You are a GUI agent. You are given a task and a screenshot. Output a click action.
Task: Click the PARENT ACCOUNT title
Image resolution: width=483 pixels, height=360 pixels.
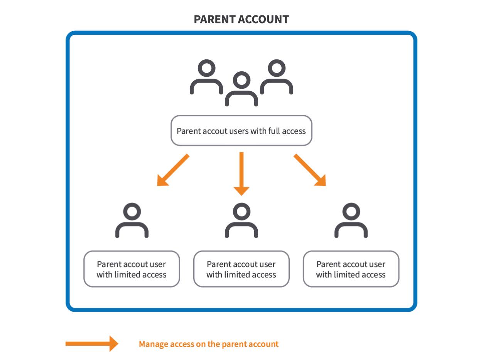pos(241,19)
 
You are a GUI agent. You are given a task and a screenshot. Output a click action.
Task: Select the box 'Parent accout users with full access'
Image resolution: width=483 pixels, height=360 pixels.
pos(241,131)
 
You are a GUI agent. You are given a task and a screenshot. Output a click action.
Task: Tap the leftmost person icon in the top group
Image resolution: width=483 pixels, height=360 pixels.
pos(206,77)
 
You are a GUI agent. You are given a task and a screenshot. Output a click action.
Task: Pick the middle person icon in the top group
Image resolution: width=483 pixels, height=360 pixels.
pos(241,89)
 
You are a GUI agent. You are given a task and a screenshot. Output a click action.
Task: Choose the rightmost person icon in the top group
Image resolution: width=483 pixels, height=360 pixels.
pos(277,77)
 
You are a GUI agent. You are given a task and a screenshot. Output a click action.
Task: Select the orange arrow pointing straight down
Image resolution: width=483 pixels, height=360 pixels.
pos(241,173)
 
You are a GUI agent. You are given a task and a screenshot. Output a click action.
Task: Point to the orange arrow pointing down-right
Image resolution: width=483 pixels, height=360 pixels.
pos(310,170)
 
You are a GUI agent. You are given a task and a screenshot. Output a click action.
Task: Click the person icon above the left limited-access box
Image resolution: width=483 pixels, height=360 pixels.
pos(132,220)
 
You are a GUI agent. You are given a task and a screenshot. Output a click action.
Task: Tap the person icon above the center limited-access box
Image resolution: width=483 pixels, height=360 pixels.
pos(241,220)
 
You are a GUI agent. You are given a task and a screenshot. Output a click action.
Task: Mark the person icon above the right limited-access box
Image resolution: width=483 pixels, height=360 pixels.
pos(351,220)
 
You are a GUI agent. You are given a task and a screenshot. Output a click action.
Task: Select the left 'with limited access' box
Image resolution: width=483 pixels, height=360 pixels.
pos(132,269)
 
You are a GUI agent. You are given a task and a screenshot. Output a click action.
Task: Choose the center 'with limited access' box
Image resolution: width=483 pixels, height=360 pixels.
pos(241,269)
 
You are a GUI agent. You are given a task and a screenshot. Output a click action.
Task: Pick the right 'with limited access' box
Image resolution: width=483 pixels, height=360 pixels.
pos(351,269)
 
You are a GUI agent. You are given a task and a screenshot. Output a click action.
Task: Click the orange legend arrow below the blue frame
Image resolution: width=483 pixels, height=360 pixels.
pos(92,344)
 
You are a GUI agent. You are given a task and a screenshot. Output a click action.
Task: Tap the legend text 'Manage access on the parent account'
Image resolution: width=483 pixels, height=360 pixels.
pos(209,344)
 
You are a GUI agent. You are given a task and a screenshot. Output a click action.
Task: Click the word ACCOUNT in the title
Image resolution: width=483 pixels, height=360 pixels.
pos(266,19)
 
